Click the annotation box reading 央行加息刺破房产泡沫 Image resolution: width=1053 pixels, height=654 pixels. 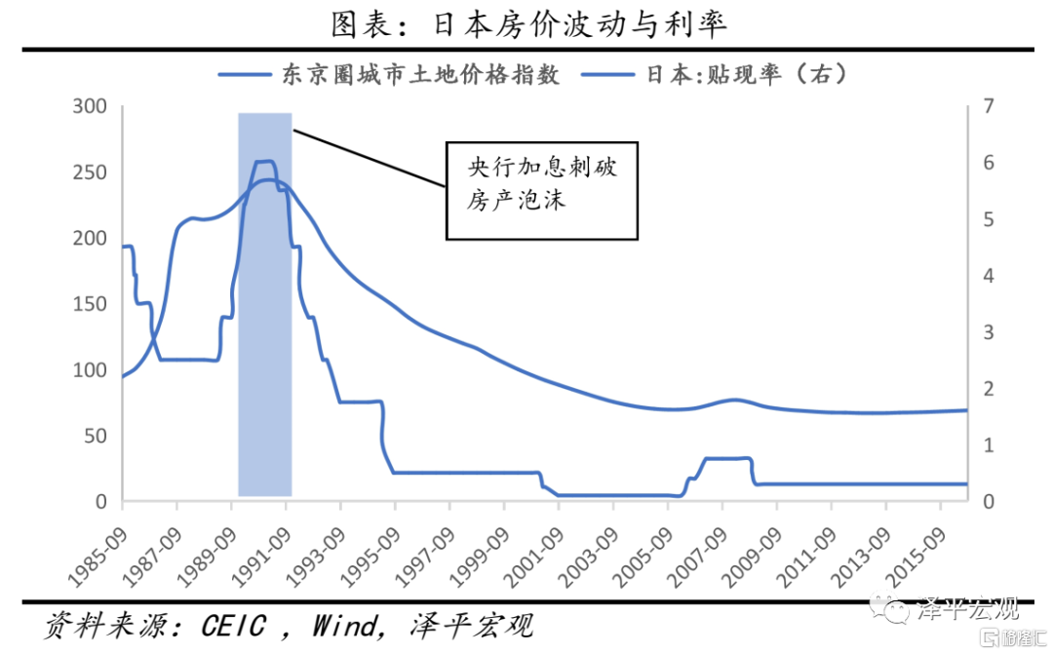coord(541,191)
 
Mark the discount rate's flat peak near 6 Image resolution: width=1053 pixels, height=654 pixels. coord(264,161)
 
